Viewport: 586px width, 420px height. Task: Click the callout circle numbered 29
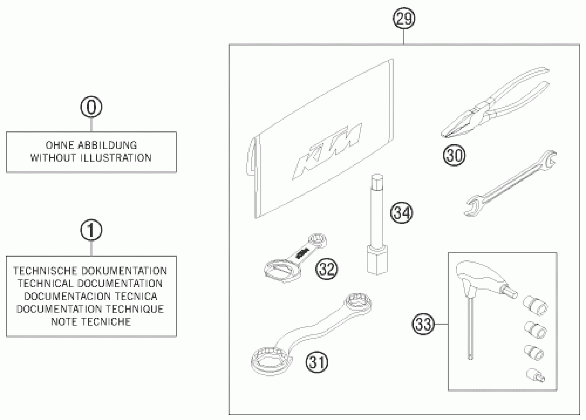click(x=404, y=19)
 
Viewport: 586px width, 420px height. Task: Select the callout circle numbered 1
click(x=91, y=230)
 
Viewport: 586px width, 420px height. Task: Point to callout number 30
click(x=454, y=155)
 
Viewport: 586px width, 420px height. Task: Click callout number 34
click(x=402, y=213)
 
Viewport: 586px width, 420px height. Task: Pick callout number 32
click(x=327, y=269)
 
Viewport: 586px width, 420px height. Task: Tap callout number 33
click(x=423, y=324)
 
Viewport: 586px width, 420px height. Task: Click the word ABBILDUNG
click(x=107, y=145)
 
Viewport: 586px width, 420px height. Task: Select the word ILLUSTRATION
click(x=116, y=158)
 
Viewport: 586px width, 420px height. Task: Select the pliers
click(x=493, y=104)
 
